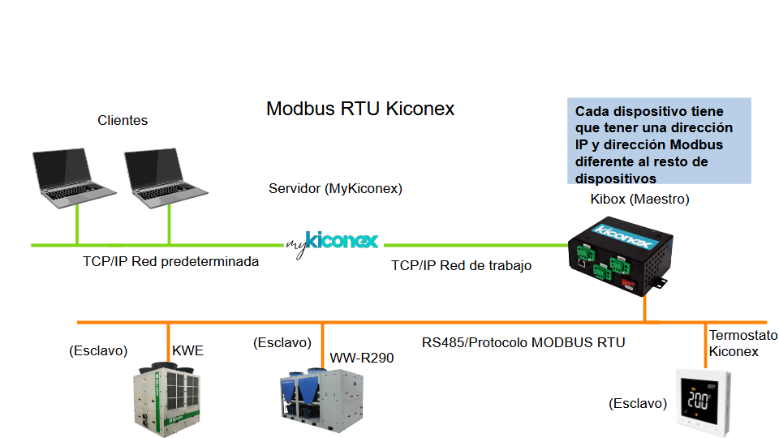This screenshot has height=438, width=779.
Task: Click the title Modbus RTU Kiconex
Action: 360,109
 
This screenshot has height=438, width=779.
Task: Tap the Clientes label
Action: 123,120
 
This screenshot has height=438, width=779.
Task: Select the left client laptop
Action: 75,175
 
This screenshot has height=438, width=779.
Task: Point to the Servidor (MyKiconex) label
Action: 335,189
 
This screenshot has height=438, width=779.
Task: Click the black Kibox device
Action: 618,256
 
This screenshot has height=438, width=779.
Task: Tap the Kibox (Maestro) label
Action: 639,200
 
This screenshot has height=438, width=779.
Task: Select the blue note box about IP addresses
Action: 659,141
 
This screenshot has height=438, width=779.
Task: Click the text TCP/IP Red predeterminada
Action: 170,262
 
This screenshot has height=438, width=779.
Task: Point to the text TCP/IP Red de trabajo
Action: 461,265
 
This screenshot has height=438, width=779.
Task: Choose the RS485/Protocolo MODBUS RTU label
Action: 523,342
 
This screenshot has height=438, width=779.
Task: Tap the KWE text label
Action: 187,351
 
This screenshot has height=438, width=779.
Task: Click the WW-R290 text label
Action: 361,358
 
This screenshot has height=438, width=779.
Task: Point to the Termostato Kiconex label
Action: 742,343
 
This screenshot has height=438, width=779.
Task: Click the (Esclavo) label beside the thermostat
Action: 638,403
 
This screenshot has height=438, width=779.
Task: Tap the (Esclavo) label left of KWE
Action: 99,351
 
